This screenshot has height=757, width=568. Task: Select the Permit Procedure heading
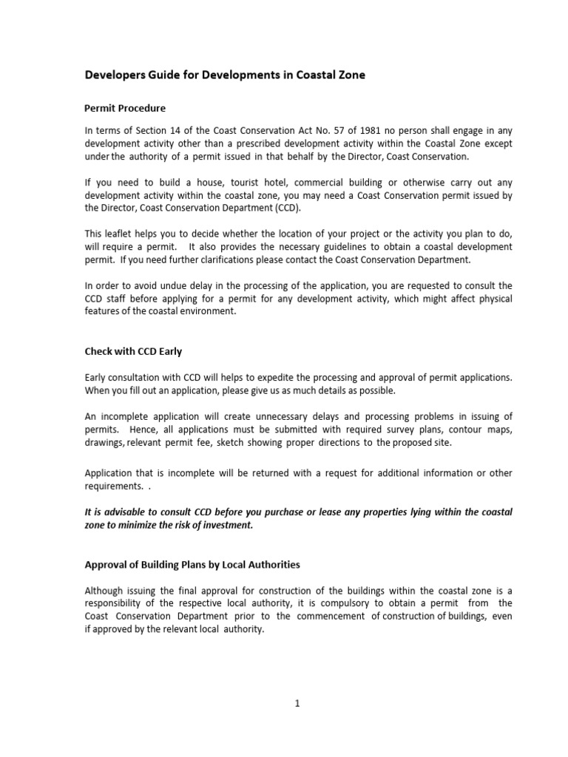tap(125, 109)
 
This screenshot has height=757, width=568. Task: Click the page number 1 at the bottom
tap(297, 705)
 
